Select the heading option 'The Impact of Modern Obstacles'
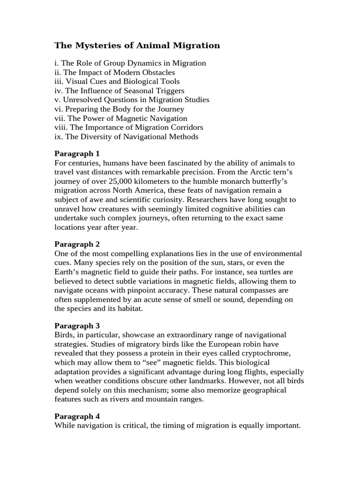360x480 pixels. coord(115,72)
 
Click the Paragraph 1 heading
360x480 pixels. coord(77,154)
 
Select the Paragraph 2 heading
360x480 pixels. coord(77,244)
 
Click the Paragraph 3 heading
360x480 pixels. coord(77,325)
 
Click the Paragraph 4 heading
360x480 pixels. coord(77,416)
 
